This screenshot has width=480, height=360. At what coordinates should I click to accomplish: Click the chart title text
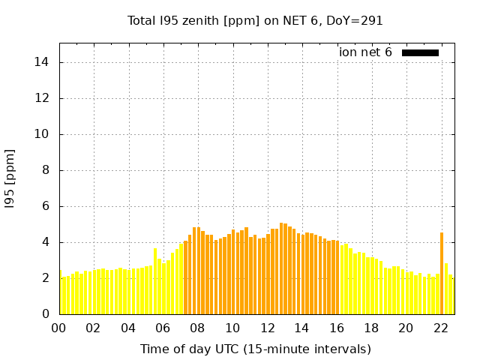[255, 21]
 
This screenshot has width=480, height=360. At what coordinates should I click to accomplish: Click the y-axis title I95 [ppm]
[10, 178]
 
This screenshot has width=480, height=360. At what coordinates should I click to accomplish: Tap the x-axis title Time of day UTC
[255, 349]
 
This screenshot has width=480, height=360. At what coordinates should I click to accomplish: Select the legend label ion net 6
[365, 52]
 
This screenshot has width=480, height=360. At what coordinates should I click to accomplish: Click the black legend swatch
[420, 52]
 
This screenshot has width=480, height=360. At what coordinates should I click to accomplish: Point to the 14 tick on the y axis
[43, 62]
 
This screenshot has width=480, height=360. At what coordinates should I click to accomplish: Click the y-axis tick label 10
[43, 134]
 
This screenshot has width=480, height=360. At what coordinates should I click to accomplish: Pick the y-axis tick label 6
[46, 206]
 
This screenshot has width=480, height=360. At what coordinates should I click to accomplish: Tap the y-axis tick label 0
[46, 314]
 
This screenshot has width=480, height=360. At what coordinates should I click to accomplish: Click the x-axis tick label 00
[59, 328]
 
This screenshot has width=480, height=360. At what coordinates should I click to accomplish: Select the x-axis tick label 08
[197, 328]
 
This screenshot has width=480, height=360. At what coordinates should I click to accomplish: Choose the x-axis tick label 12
[267, 328]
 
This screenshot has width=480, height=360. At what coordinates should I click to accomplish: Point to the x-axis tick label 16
[336, 328]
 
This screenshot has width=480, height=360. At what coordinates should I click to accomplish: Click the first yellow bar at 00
[60, 292]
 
